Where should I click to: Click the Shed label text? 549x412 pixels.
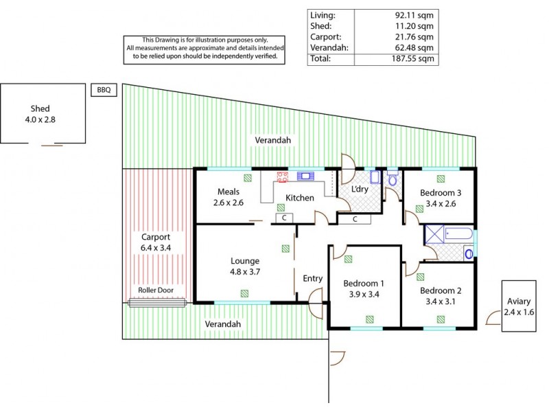[x=40, y=108]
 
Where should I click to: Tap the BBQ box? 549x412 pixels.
[x=104, y=89]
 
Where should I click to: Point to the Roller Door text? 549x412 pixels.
[x=156, y=290]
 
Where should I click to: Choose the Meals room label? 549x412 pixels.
[x=229, y=192]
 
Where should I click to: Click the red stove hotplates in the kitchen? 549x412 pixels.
[x=281, y=177]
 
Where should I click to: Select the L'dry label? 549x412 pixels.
[x=360, y=189]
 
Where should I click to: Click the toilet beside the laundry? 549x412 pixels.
[x=393, y=180]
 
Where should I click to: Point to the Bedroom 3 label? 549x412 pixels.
[x=441, y=193]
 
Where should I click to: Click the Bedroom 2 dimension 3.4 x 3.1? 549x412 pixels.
[x=441, y=300]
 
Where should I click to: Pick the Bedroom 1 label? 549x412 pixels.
[x=364, y=284]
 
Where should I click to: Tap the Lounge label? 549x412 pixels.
[x=245, y=261]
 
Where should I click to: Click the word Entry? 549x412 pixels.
[x=312, y=278]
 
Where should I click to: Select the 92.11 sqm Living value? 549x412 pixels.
[x=416, y=14]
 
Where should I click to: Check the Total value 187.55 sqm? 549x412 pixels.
[x=414, y=59]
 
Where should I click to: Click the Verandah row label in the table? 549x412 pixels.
[x=327, y=47]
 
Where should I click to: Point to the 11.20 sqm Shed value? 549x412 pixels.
[x=416, y=25]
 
